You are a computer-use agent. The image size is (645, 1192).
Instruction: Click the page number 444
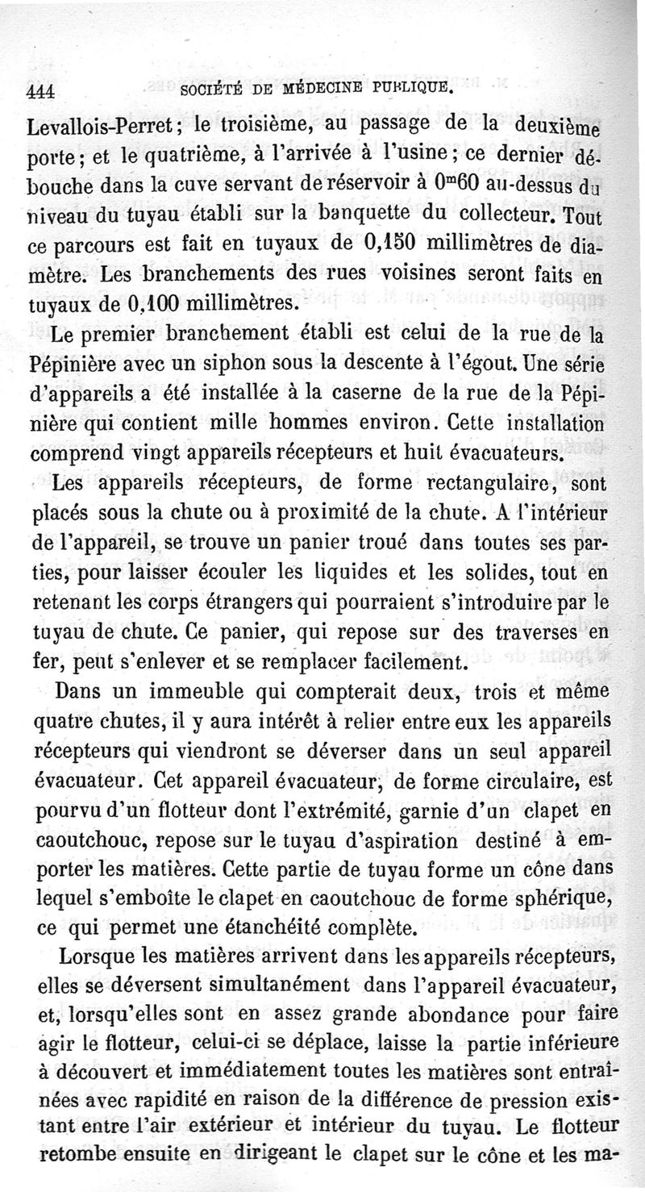(x=40, y=91)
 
